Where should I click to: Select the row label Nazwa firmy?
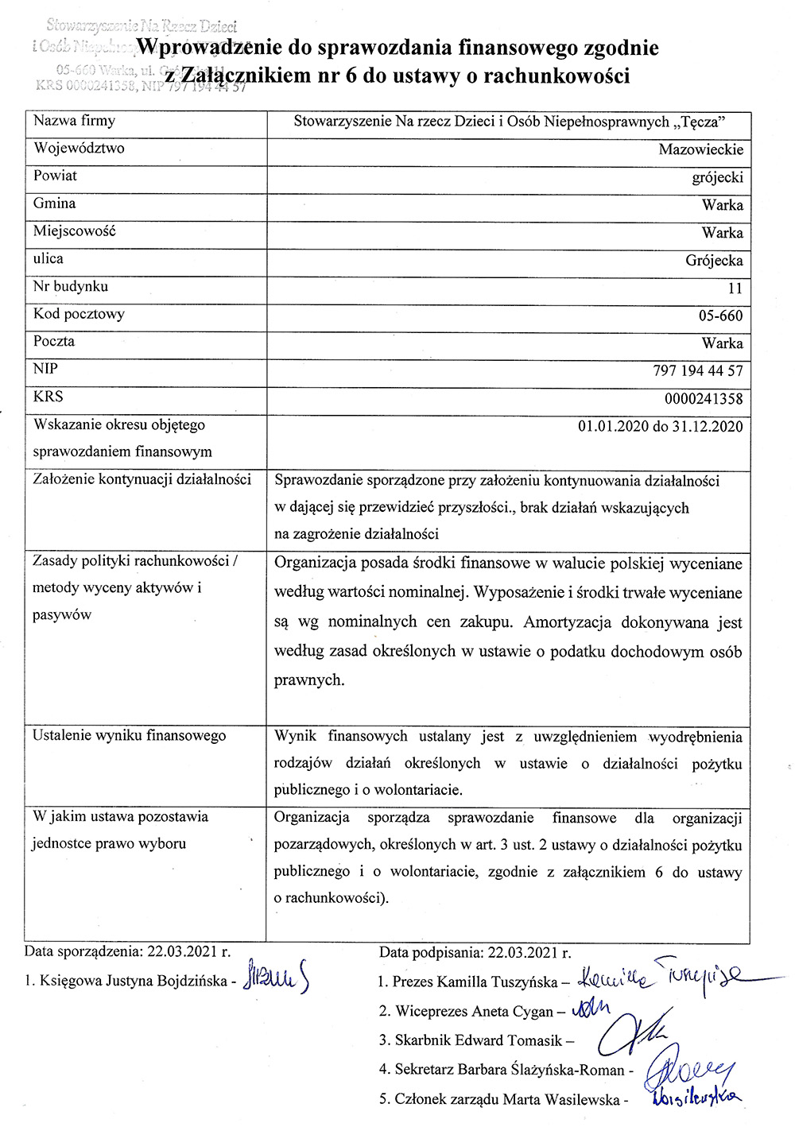[x=74, y=121]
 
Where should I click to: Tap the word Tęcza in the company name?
[x=698, y=122]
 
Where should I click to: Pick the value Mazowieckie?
[x=700, y=149]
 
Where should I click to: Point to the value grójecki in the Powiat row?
[x=717, y=177]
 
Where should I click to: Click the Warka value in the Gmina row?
[x=722, y=205]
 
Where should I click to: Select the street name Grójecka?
[x=714, y=261]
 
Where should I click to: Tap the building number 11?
[x=735, y=289]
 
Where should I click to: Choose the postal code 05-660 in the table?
[x=720, y=316]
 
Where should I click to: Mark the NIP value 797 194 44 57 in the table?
[x=697, y=371]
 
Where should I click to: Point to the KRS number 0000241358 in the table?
[x=704, y=399]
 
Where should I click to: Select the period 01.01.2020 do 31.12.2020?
[x=660, y=427]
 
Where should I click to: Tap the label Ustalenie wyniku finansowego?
[x=129, y=736]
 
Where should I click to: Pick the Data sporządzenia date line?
[x=127, y=951]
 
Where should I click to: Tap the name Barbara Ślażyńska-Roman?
[x=540, y=1070]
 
